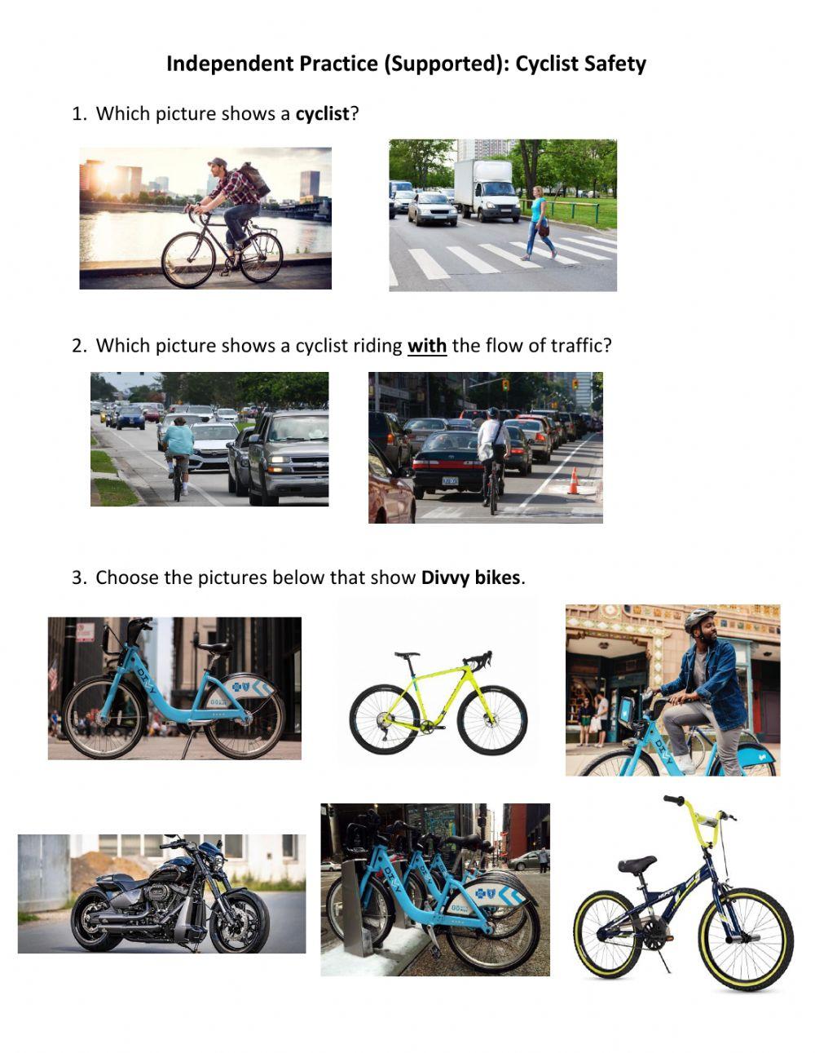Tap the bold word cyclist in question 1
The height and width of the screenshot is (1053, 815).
(322, 114)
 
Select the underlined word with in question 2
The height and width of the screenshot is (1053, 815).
(427, 346)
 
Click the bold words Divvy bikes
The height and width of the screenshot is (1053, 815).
(470, 578)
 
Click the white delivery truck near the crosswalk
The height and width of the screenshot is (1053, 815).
(487, 189)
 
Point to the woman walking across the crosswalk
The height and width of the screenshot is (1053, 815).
(538, 222)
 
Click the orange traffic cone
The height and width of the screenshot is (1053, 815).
(574, 481)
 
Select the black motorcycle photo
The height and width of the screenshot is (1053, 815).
(161, 893)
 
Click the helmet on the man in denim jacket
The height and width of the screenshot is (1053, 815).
(699, 619)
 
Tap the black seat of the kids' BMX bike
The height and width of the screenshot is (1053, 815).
(637, 864)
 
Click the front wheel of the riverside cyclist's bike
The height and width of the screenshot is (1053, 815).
(188, 260)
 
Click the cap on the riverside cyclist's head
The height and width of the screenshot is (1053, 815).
(216, 162)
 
